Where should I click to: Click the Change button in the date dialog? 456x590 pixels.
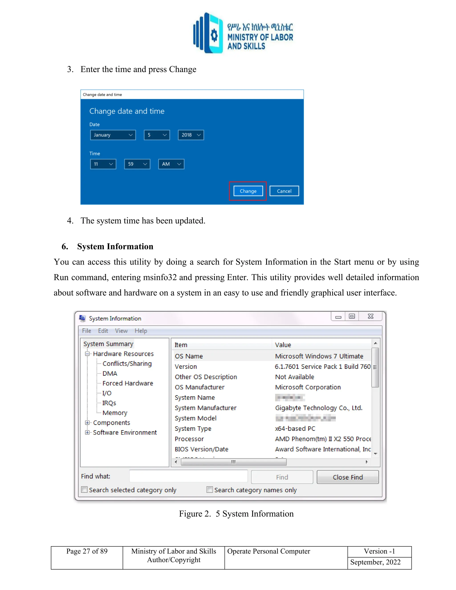tap(248, 191)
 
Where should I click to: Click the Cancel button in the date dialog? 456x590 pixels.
tap(284, 191)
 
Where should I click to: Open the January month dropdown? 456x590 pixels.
tap(113, 135)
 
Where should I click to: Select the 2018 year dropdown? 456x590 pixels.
tap(191, 135)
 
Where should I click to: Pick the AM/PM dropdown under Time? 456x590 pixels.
tap(171, 164)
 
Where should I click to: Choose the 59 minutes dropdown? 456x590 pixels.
tap(137, 164)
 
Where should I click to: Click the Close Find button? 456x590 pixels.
tap(347, 477)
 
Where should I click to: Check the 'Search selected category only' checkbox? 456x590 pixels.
tap(85, 490)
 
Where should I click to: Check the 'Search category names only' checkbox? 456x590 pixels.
tap(210, 490)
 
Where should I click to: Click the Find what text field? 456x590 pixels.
tap(188, 476)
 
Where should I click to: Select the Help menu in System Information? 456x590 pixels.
tap(141, 331)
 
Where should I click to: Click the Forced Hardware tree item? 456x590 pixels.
tap(128, 383)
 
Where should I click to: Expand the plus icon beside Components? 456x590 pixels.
tap(87, 423)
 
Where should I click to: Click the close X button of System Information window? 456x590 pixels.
tap(370, 316)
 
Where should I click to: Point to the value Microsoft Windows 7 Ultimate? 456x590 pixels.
tap(319, 356)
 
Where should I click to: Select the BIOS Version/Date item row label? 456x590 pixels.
tap(201, 449)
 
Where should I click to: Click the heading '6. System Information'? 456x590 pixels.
tap(115, 246)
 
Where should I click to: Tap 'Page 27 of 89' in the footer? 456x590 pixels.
tap(87, 551)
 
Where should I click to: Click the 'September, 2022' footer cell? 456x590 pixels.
tap(375, 562)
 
